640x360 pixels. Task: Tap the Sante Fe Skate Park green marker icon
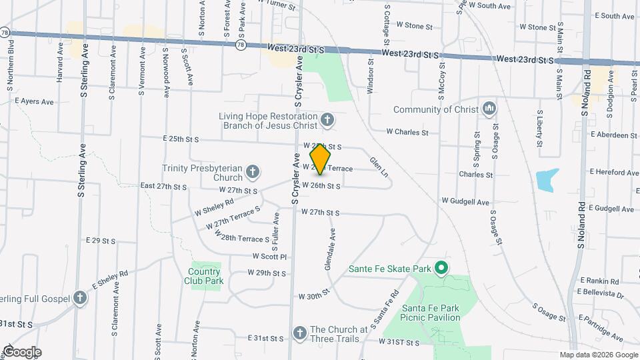(x=440, y=269)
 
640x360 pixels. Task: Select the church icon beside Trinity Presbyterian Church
(x=253, y=173)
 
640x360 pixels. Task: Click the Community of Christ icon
(x=489, y=109)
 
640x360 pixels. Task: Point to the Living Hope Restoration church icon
(x=327, y=120)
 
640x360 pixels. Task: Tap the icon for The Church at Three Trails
(x=299, y=333)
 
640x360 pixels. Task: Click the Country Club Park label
(x=204, y=276)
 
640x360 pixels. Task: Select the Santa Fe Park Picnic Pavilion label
(x=431, y=313)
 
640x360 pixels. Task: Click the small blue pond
(x=547, y=180)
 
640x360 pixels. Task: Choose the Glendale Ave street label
(x=329, y=250)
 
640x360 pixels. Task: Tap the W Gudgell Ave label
(x=465, y=201)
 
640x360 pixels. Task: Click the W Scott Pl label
(x=269, y=256)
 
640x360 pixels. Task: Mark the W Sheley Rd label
(x=214, y=208)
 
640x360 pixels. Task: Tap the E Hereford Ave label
(x=613, y=171)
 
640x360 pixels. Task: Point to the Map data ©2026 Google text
(x=597, y=355)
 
